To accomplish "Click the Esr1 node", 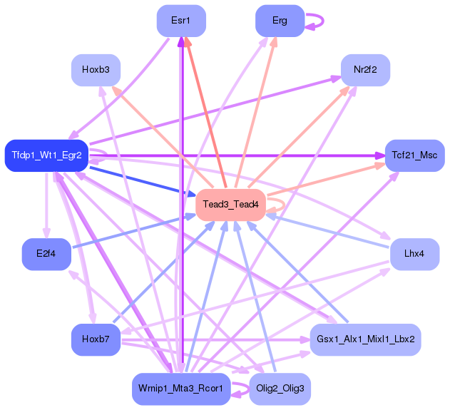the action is pos(181,21).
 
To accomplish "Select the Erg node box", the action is pos(280,21).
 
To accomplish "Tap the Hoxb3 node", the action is pos(96,70).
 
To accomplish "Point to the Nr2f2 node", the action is pos(365,70).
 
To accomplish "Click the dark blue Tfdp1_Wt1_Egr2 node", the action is pos(46,155).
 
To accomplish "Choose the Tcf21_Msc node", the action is pos(415,155).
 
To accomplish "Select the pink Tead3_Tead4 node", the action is pos(231,205).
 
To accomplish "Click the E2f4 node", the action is pos(46,255).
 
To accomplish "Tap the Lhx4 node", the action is pos(415,255).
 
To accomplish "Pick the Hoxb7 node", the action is pos(96,339).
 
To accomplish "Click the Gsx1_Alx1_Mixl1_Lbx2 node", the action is pos(365,339).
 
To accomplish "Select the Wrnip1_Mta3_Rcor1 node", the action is pos(181,389).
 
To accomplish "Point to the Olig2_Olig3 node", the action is pos(280,389).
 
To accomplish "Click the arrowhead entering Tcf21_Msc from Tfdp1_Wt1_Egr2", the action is pos(380,155).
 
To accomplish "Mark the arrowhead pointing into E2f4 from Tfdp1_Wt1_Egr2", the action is pos(46,233).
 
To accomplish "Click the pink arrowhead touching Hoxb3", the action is pos(116,91).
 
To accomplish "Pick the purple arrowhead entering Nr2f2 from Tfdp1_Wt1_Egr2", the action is pos(336,78).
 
